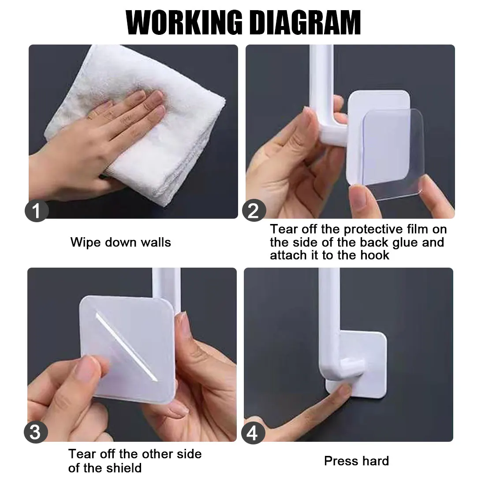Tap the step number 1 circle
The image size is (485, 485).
[37, 211]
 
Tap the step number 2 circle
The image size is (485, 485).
[253, 211]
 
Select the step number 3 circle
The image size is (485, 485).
[35, 432]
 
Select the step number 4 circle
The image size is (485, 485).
[252, 434]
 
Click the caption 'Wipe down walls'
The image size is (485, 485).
[120, 242]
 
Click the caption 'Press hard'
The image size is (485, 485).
[356, 461]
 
